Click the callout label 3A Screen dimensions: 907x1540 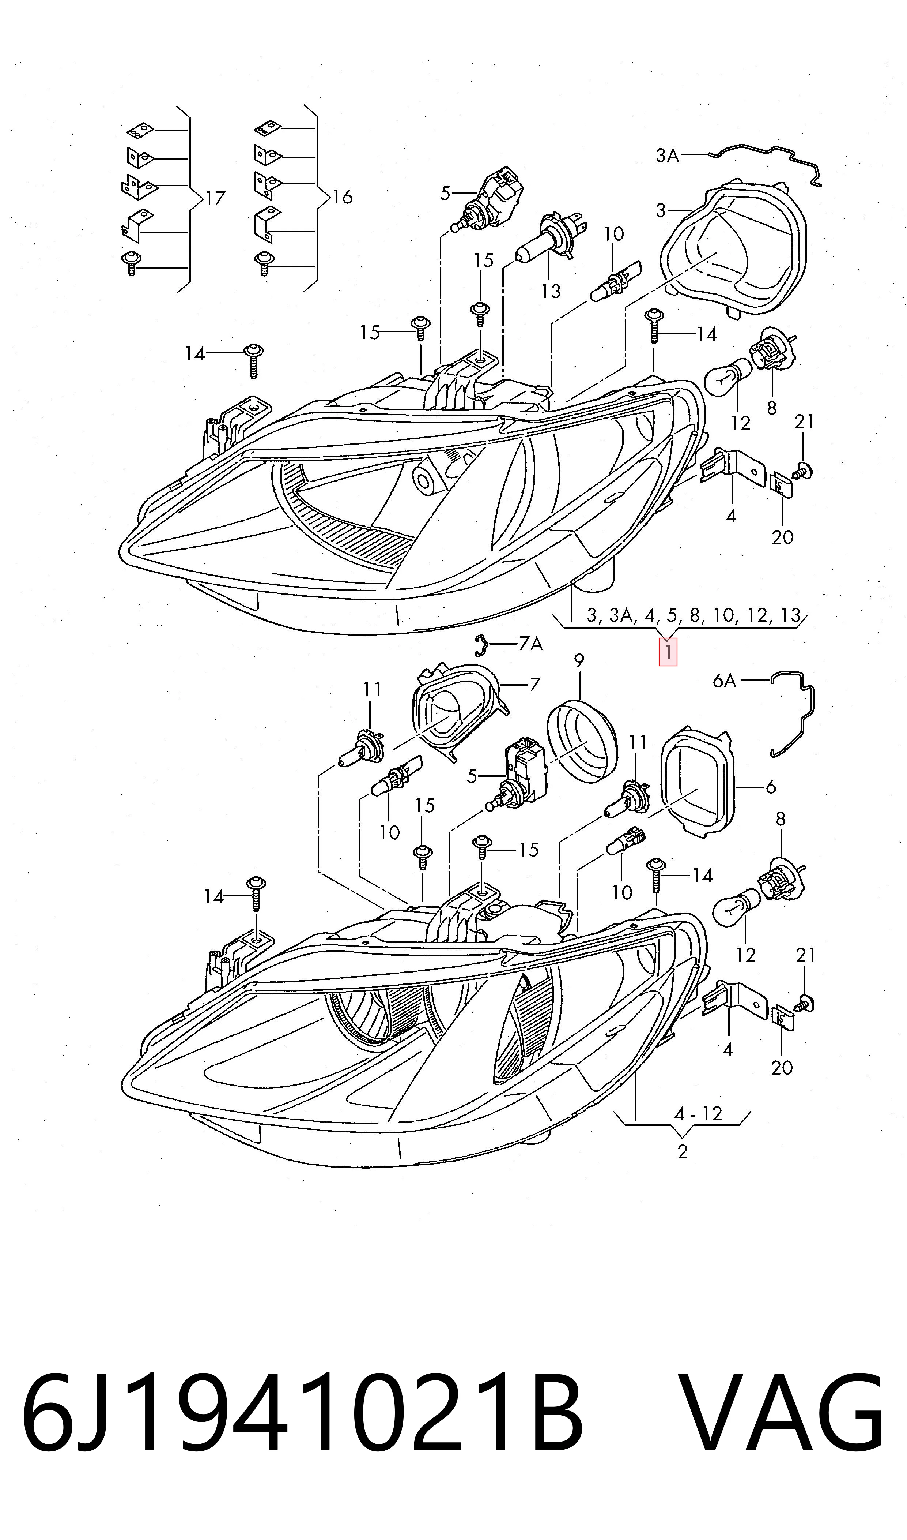coord(668,156)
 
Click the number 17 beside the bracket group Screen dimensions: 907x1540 coord(215,198)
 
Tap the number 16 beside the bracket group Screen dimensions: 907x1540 coord(342,197)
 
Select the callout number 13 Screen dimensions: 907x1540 coord(551,291)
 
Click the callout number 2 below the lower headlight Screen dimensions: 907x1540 coord(683,1152)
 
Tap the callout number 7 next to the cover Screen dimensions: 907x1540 coord(535,684)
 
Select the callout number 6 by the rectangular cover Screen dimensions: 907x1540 coord(771,787)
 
